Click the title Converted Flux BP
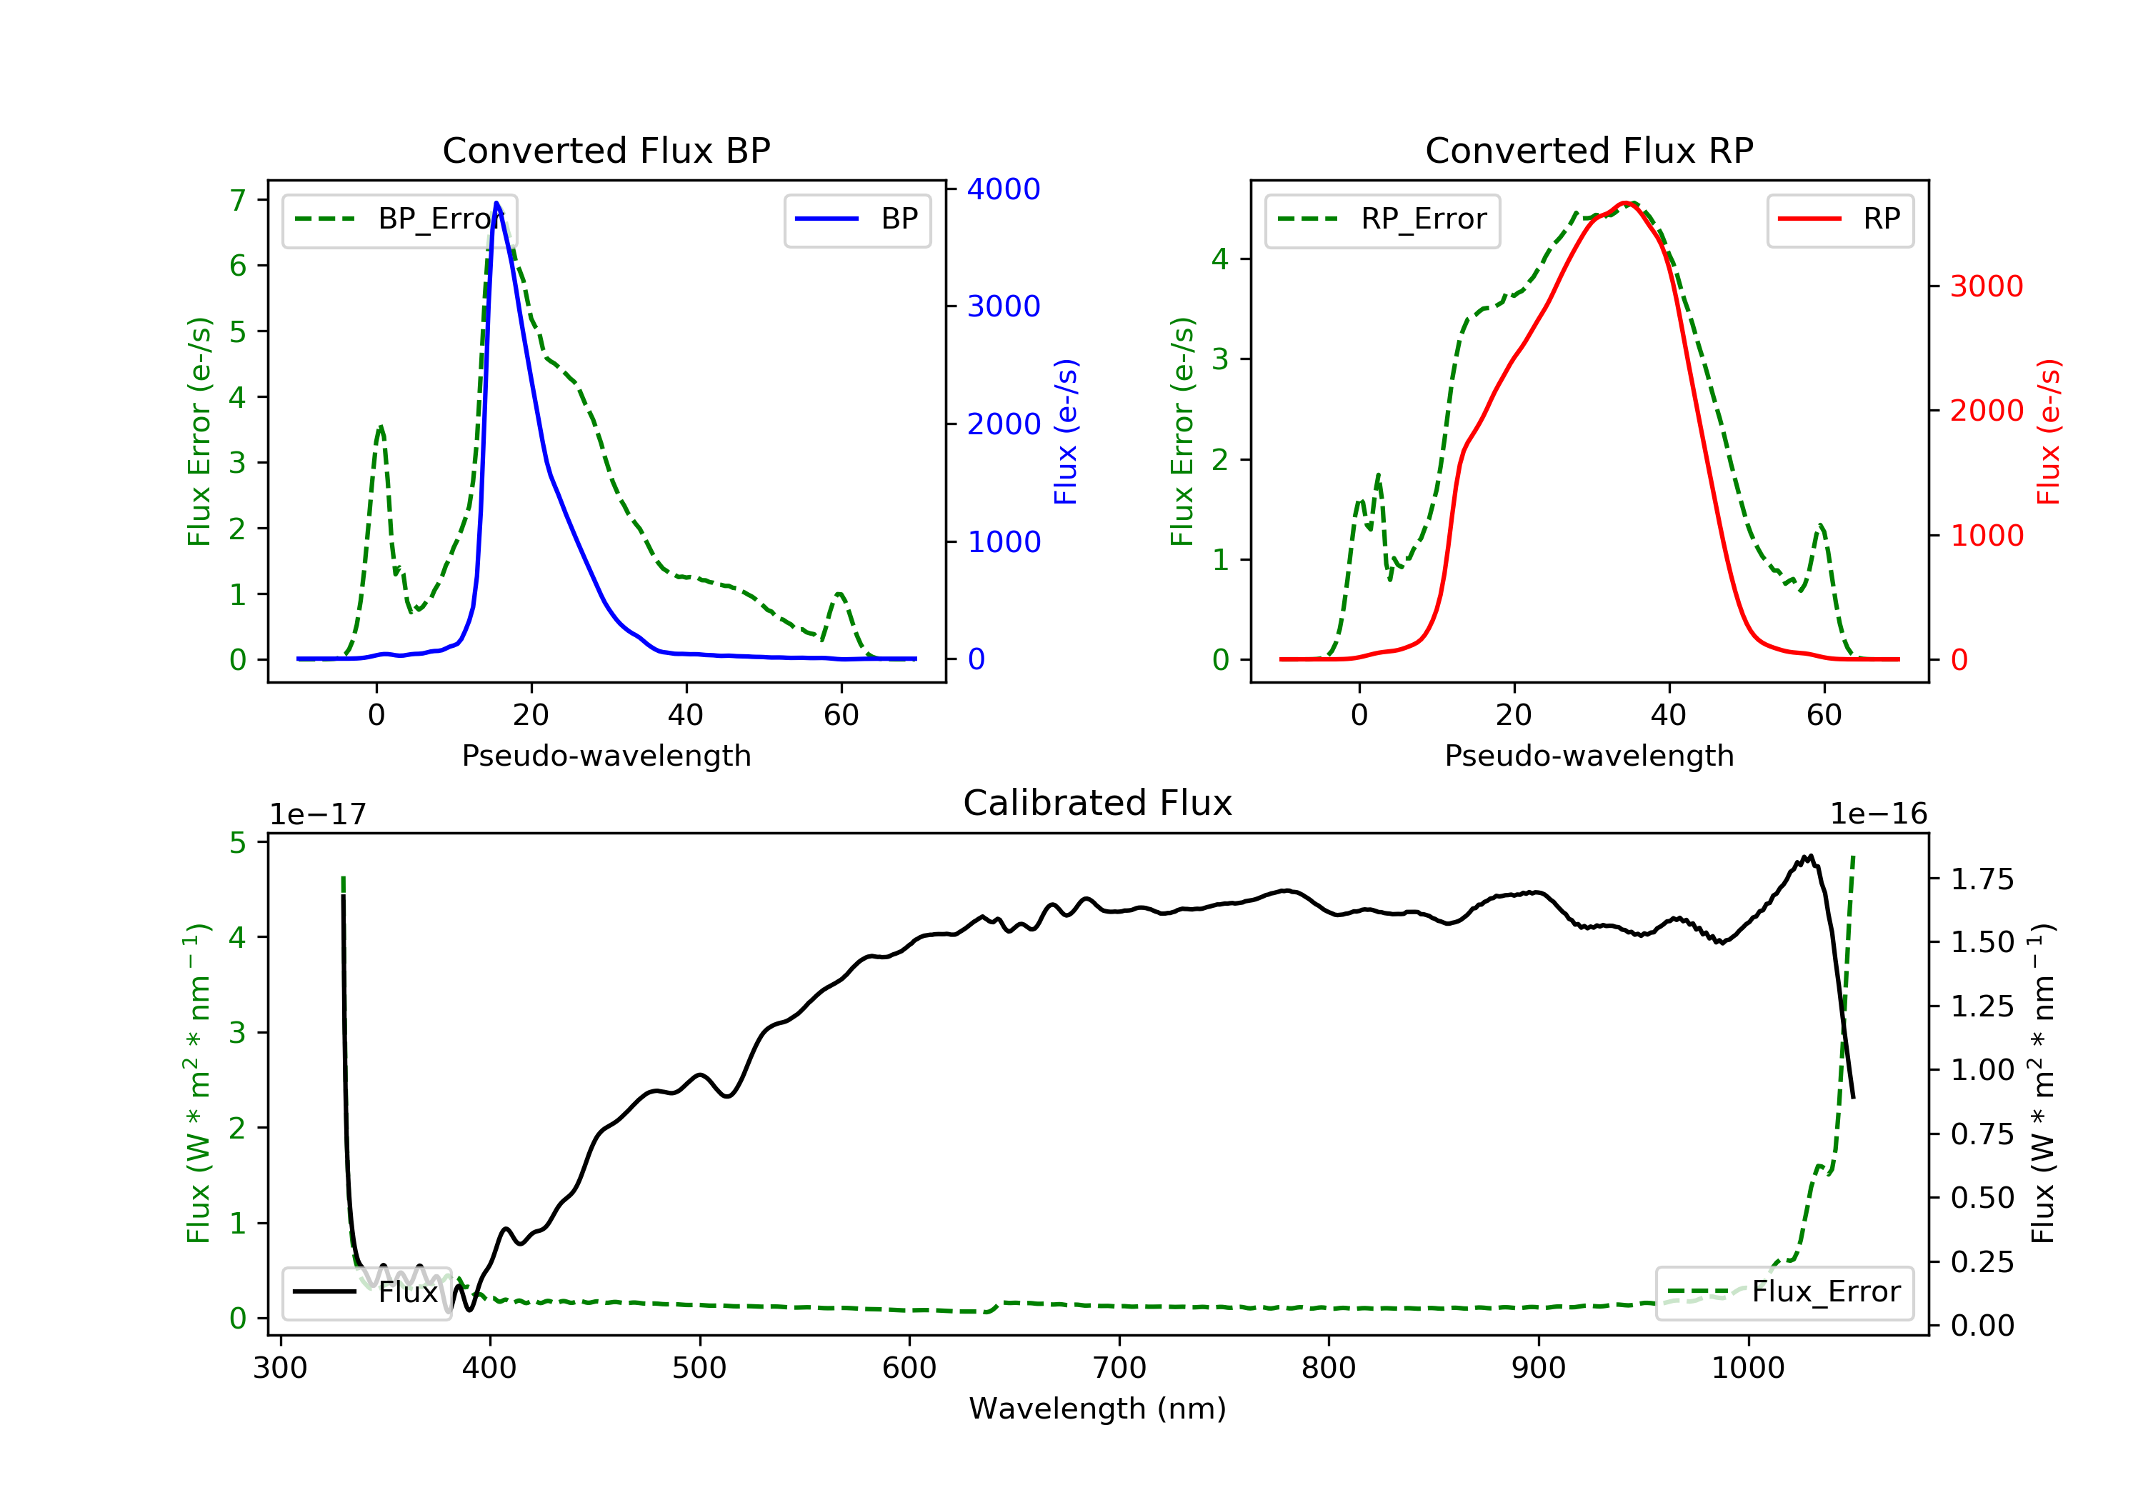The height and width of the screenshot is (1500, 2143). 606,150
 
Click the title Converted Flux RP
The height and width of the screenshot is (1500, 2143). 1589,150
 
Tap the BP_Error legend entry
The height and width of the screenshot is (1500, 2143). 399,219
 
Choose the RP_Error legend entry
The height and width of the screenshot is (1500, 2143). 1382,219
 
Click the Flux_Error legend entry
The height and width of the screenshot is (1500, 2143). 1784,1292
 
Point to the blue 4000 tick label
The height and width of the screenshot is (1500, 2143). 1004,189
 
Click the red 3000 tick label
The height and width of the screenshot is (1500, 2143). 1986,286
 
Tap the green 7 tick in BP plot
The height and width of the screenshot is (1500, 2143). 238,200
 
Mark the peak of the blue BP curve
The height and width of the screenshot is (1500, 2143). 496,203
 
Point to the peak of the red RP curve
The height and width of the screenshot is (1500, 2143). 1625,203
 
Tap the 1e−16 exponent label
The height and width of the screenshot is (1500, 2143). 1878,814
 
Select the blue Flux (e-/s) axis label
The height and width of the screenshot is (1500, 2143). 1065,431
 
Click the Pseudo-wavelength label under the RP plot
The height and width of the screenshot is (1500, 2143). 1589,755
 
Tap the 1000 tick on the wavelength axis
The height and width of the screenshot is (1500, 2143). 1747,1369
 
